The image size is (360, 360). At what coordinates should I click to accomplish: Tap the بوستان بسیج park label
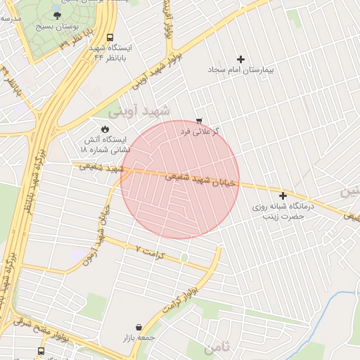pyautogui.click(x=57, y=26)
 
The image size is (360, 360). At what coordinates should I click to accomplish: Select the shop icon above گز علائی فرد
pyautogui.click(x=199, y=120)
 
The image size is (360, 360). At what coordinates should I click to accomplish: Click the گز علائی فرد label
pyautogui.click(x=200, y=131)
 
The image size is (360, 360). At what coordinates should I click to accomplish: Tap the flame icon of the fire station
pyautogui.click(x=105, y=129)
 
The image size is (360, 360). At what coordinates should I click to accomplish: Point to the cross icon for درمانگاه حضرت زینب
pyautogui.click(x=283, y=195)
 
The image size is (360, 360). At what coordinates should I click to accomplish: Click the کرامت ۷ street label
pyautogui.click(x=149, y=250)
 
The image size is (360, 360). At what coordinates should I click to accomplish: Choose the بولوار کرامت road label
pyautogui.click(x=182, y=299)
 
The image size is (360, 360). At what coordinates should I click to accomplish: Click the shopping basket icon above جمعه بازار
pyautogui.click(x=138, y=328)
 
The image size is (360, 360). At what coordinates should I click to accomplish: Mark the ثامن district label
pyautogui.click(x=218, y=347)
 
